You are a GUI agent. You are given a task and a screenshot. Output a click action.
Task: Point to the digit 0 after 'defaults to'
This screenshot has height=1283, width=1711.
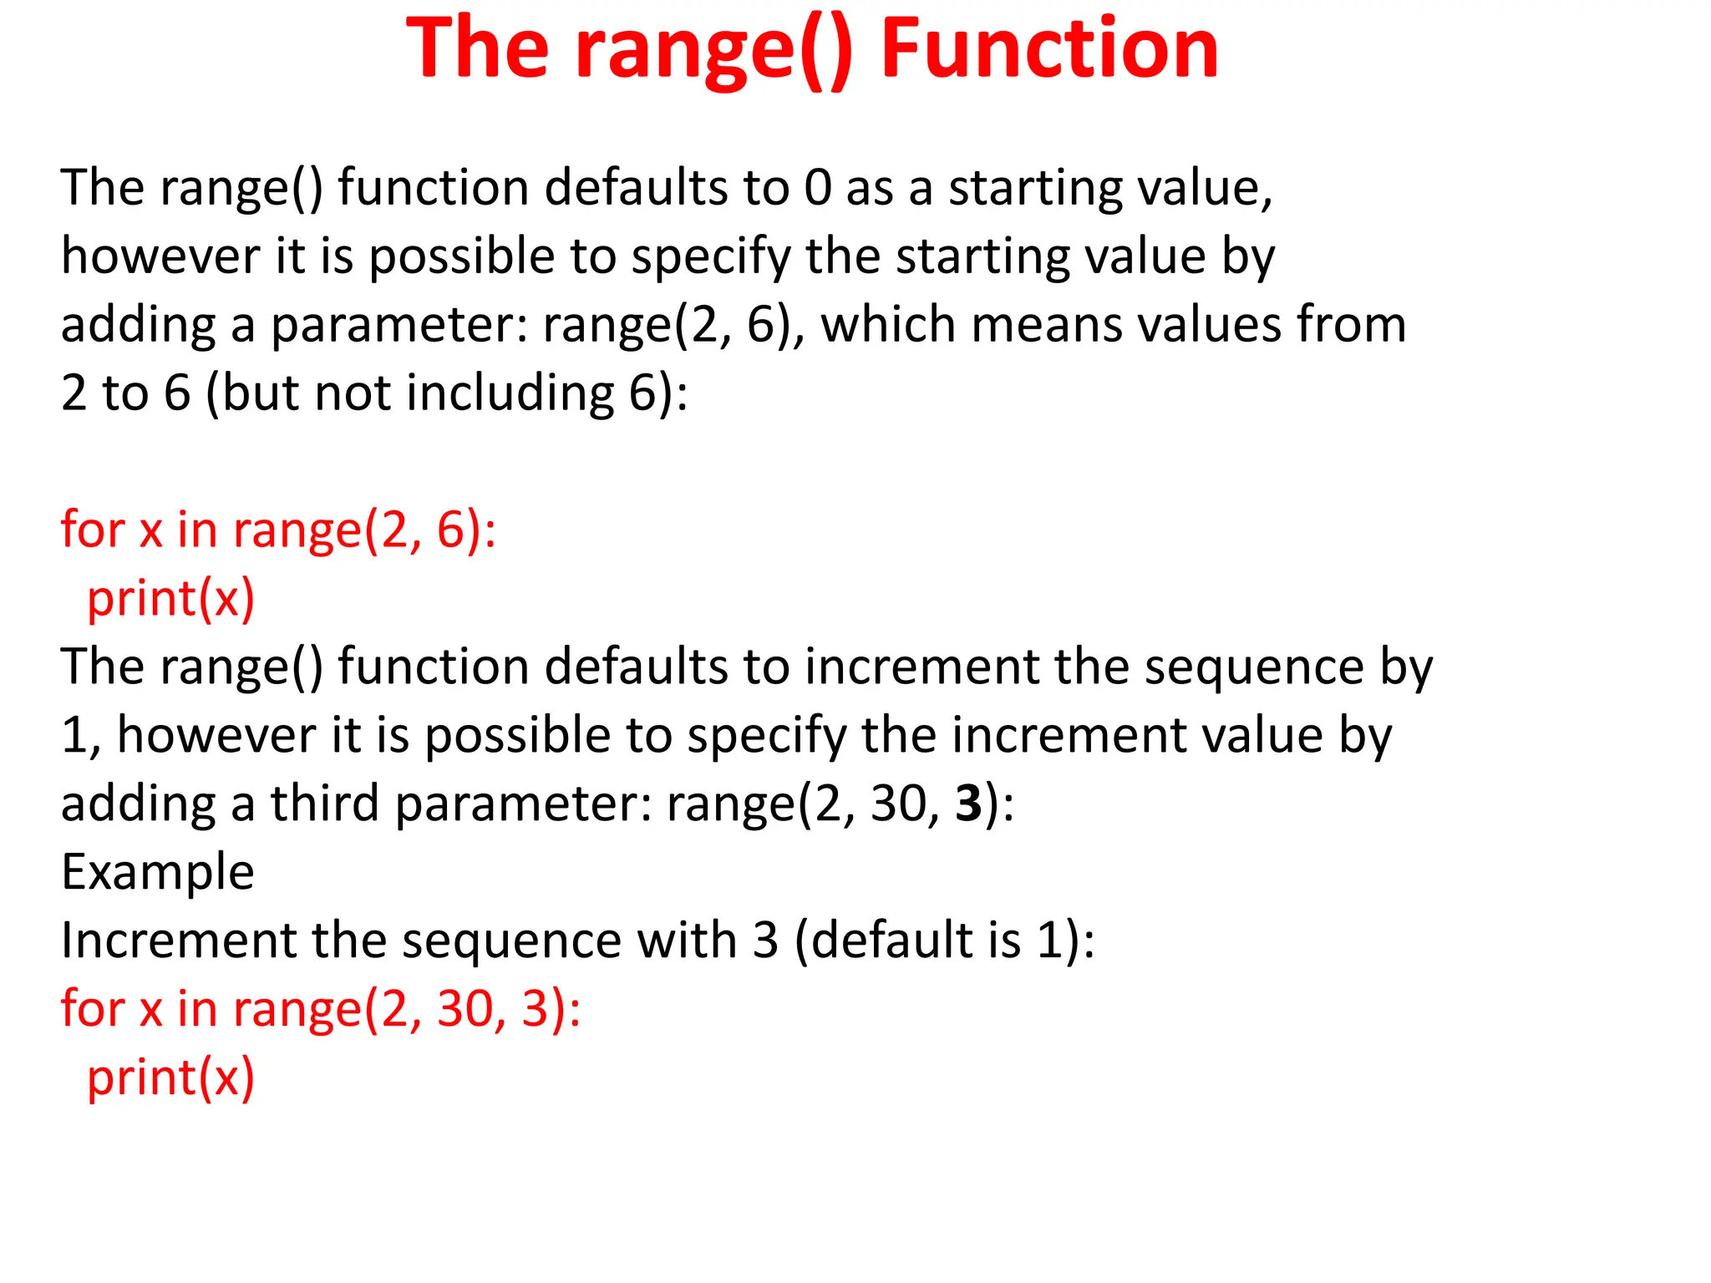pyautogui.click(x=818, y=187)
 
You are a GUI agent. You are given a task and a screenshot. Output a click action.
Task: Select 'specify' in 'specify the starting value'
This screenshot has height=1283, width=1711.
pyautogui.click(x=709, y=257)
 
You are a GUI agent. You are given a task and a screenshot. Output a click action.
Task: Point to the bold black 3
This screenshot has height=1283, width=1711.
pyautogui.click(x=968, y=804)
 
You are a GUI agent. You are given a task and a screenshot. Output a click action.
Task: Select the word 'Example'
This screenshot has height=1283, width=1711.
pyautogui.click(x=157, y=872)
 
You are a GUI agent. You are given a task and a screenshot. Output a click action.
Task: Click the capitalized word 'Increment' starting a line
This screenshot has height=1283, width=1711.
pyautogui.click(x=179, y=941)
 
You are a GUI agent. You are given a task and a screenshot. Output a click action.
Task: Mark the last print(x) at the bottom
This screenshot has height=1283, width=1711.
pyautogui.click(x=170, y=1078)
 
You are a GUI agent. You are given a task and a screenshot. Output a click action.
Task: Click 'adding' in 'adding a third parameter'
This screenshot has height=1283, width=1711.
pyautogui.click(x=138, y=805)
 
